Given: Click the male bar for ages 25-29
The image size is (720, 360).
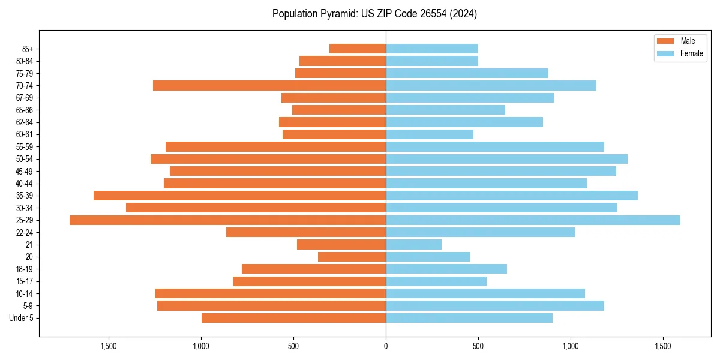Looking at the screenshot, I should point(227,220).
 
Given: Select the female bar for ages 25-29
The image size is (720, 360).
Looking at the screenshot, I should point(533,220).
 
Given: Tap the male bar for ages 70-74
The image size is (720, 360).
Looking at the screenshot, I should point(269,86).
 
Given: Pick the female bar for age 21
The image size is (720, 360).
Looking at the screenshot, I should point(413,245).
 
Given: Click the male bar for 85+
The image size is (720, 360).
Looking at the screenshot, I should point(358,49).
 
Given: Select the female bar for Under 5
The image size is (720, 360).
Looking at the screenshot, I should point(469,318).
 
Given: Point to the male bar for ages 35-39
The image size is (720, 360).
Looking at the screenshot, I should point(239,196).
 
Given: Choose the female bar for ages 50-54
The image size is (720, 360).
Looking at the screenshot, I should point(506,159).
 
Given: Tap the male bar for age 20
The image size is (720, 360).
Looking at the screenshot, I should point(352,257).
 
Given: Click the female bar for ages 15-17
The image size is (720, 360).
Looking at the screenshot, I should point(436,281).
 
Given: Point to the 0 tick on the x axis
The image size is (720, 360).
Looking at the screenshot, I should point(386,347).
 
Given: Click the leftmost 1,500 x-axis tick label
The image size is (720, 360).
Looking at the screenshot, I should point(109,347).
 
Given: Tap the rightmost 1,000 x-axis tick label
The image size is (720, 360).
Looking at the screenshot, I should point(571,347).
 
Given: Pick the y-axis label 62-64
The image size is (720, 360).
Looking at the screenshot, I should point(25,122).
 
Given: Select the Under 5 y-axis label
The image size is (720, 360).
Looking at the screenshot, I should point(22,318).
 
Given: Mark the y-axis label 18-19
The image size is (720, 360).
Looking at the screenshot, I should point(25,269).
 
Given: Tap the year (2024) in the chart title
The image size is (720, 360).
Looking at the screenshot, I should point(465,14).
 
